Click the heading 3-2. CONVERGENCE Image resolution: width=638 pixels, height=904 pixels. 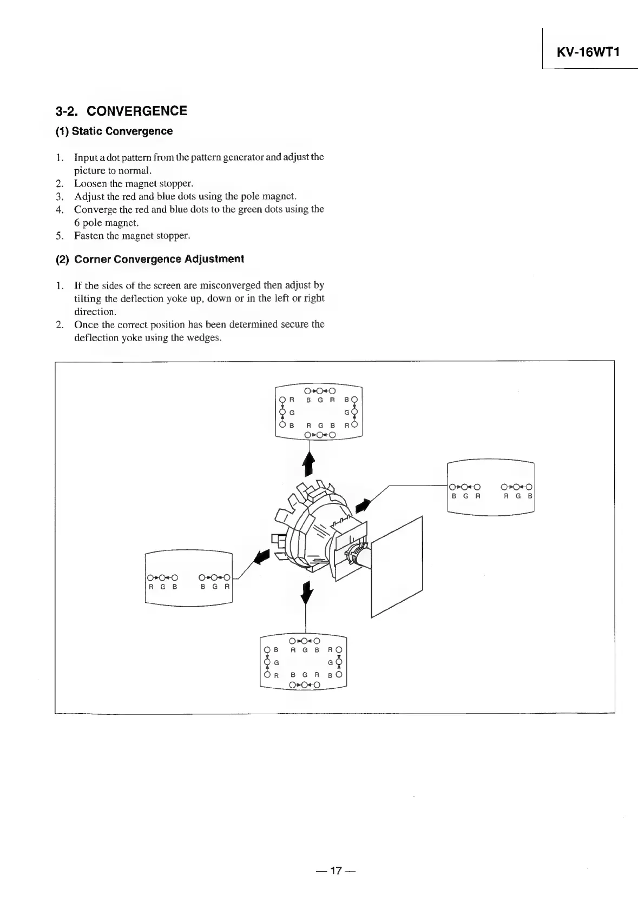tap(121, 111)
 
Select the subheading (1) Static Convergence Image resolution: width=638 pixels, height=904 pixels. tap(114, 131)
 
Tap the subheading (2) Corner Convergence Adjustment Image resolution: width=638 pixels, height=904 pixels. tap(150, 259)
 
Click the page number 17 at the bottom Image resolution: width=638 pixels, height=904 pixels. tap(336, 870)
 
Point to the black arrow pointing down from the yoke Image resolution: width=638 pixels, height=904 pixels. tap(307, 593)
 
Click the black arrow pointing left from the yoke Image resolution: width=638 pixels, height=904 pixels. tap(262, 556)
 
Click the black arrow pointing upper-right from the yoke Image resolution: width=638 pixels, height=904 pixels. tap(364, 505)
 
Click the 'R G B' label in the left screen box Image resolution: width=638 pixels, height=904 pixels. tap(163, 586)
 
